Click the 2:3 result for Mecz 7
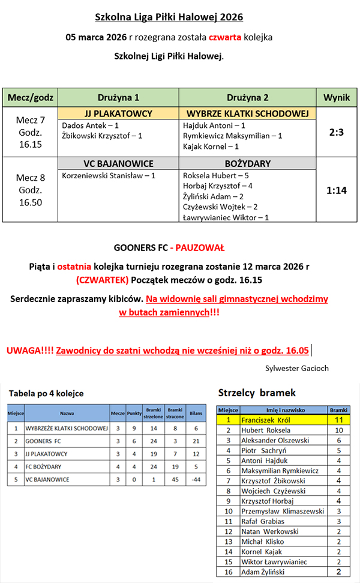pos(337,133)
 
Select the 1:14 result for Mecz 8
pos(337,190)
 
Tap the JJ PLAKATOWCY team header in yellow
pos(118,113)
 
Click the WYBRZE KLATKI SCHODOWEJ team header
pos(248,113)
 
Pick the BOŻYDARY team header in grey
pos(248,163)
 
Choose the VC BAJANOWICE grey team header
pos(118,163)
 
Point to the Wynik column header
pos(337,97)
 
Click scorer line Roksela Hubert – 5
pos(216,175)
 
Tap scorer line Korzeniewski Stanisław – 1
pos(109,175)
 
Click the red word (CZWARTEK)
pos(103,279)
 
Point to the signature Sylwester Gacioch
pos(296,368)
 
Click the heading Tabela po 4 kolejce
pos(46,393)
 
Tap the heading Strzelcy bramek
pos(257,393)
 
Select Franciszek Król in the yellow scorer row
pos(266,420)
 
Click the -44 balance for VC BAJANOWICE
pos(195,480)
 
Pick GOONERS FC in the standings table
pos(43,441)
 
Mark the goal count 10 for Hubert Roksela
pos(338,430)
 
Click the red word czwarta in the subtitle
pos(225,37)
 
